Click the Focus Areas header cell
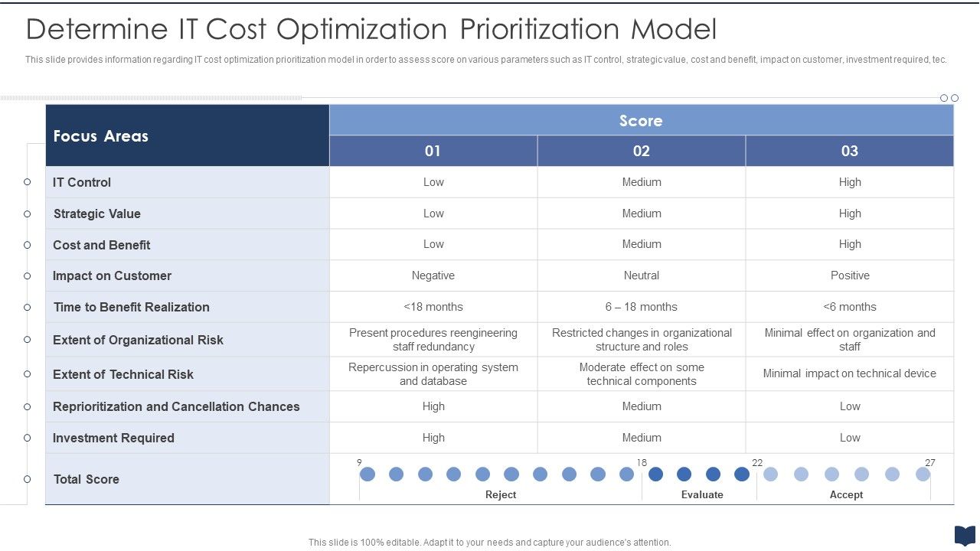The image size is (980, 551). click(x=100, y=136)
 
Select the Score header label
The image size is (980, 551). click(x=641, y=121)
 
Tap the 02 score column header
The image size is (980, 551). click(x=641, y=151)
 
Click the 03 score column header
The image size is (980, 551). click(x=849, y=151)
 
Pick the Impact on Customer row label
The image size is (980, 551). click(x=112, y=275)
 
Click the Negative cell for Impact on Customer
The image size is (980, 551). click(x=433, y=275)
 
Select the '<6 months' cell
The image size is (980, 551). click(x=849, y=307)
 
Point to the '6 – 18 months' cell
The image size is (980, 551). click(x=641, y=307)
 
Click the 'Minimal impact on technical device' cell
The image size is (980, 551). click(x=849, y=373)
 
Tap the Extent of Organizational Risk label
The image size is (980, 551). click(x=138, y=340)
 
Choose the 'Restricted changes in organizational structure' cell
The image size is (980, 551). click(x=642, y=340)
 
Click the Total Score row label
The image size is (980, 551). click(x=86, y=479)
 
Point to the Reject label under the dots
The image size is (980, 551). click(x=501, y=495)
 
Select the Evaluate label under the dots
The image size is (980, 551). click(x=702, y=495)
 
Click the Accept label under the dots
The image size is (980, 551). click(x=846, y=495)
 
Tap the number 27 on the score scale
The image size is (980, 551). click(x=929, y=463)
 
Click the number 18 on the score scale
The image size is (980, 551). click(x=642, y=463)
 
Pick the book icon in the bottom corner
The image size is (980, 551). click(x=964, y=536)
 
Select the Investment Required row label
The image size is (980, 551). click(x=113, y=438)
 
